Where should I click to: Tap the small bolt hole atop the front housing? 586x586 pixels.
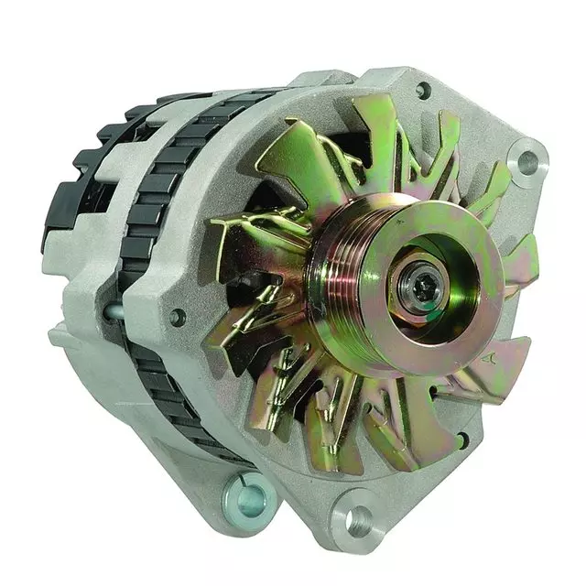coord(422,91)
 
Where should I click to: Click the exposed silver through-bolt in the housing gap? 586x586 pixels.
coord(114,312)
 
